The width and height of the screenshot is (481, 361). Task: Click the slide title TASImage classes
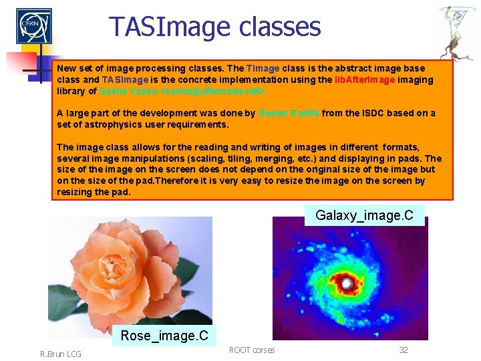pos(215,27)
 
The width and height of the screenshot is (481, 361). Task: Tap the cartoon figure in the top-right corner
pos(458,31)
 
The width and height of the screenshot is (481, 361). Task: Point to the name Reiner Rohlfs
pos(289,113)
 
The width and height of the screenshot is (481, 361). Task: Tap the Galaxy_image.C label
pos(364,215)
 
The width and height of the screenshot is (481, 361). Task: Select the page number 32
pos(403,350)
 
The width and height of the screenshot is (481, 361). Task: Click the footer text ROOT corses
pos(252,350)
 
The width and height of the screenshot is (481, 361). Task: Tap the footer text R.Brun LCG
pos(59,354)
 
